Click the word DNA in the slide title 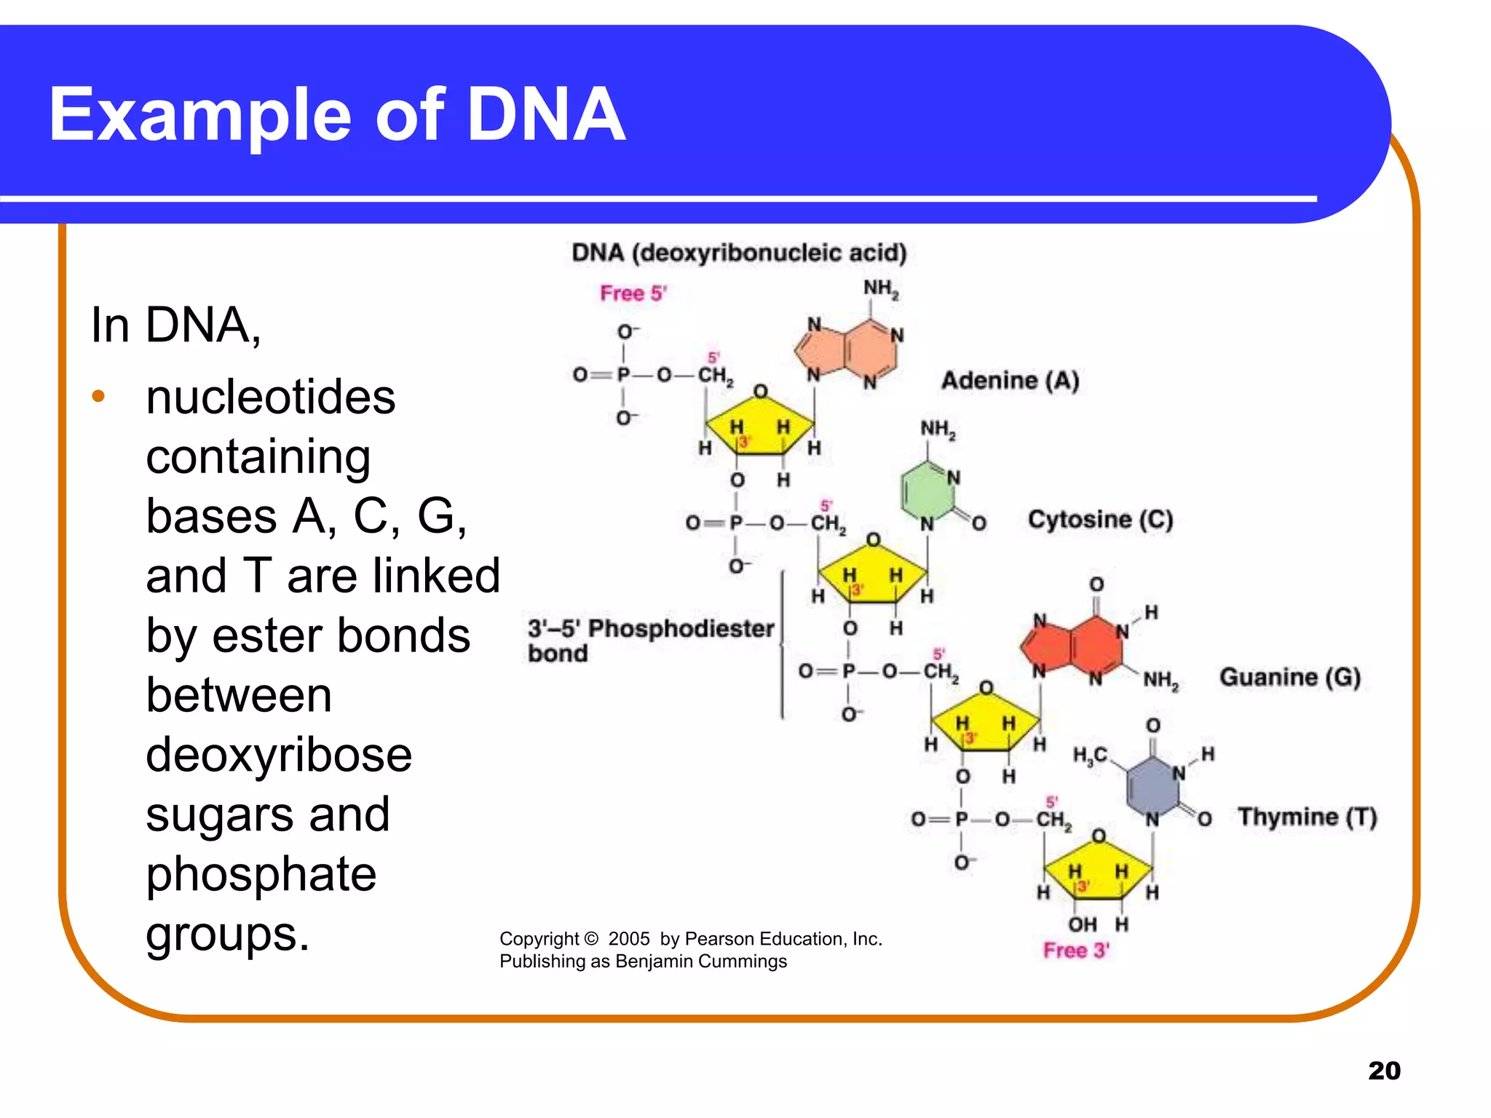tap(546, 115)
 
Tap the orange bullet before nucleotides tap(98, 397)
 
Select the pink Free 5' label tap(633, 293)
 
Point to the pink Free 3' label tap(1075, 951)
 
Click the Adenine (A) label tap(1010, 381)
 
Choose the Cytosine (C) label tap(1100, 520)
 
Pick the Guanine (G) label tap(1289, 677)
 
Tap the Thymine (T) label tap(1307, 817)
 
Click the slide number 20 tap(1383, 1071)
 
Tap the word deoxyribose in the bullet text tap(279, 755)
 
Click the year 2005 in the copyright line tap(628, 939)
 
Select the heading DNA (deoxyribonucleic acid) tap(738, 253)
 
